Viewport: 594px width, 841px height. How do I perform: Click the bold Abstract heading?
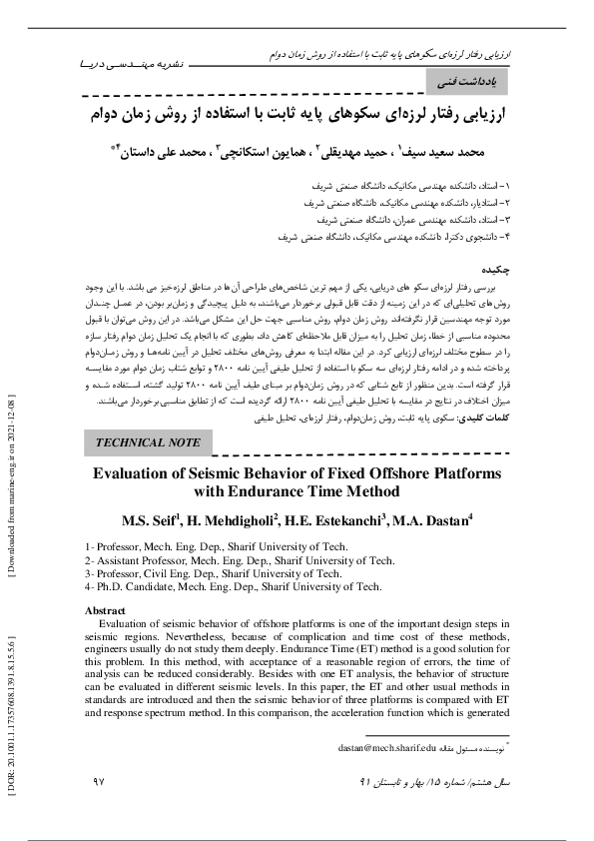(106, 609)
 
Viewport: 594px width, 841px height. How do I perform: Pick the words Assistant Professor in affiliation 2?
(147, 561)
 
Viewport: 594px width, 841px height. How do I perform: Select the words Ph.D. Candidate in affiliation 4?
(139, 587)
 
